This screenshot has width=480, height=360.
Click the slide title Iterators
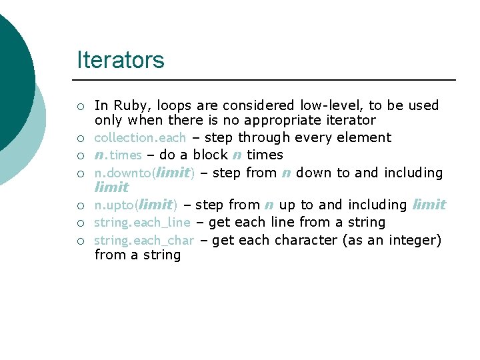coord(121,60)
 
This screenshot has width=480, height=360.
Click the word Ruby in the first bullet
coord(128,105)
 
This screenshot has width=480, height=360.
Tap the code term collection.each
coord(140,137)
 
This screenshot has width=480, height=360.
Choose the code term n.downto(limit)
coord(144,173)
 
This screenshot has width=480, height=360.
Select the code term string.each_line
coord(142,222)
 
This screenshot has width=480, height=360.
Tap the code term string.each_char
coord(143,240)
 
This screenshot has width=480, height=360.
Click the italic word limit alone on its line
coord(111,187)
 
